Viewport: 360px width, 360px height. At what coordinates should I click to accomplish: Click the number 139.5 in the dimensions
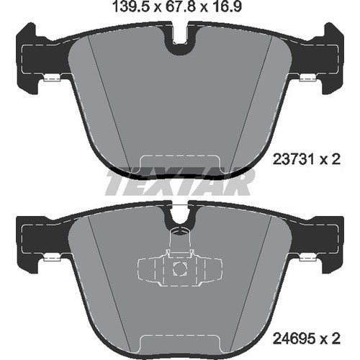coord(131,7)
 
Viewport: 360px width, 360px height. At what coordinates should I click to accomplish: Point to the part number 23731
coord(294,159)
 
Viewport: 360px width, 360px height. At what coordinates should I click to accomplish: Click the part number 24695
coord(294,339)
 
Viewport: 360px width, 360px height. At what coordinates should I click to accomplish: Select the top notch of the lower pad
coord(180,215)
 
